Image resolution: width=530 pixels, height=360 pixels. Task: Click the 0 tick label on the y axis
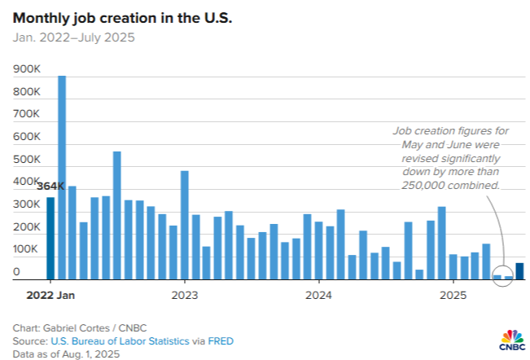click(16, 272)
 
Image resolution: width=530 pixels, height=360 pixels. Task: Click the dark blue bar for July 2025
click(519, 271)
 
